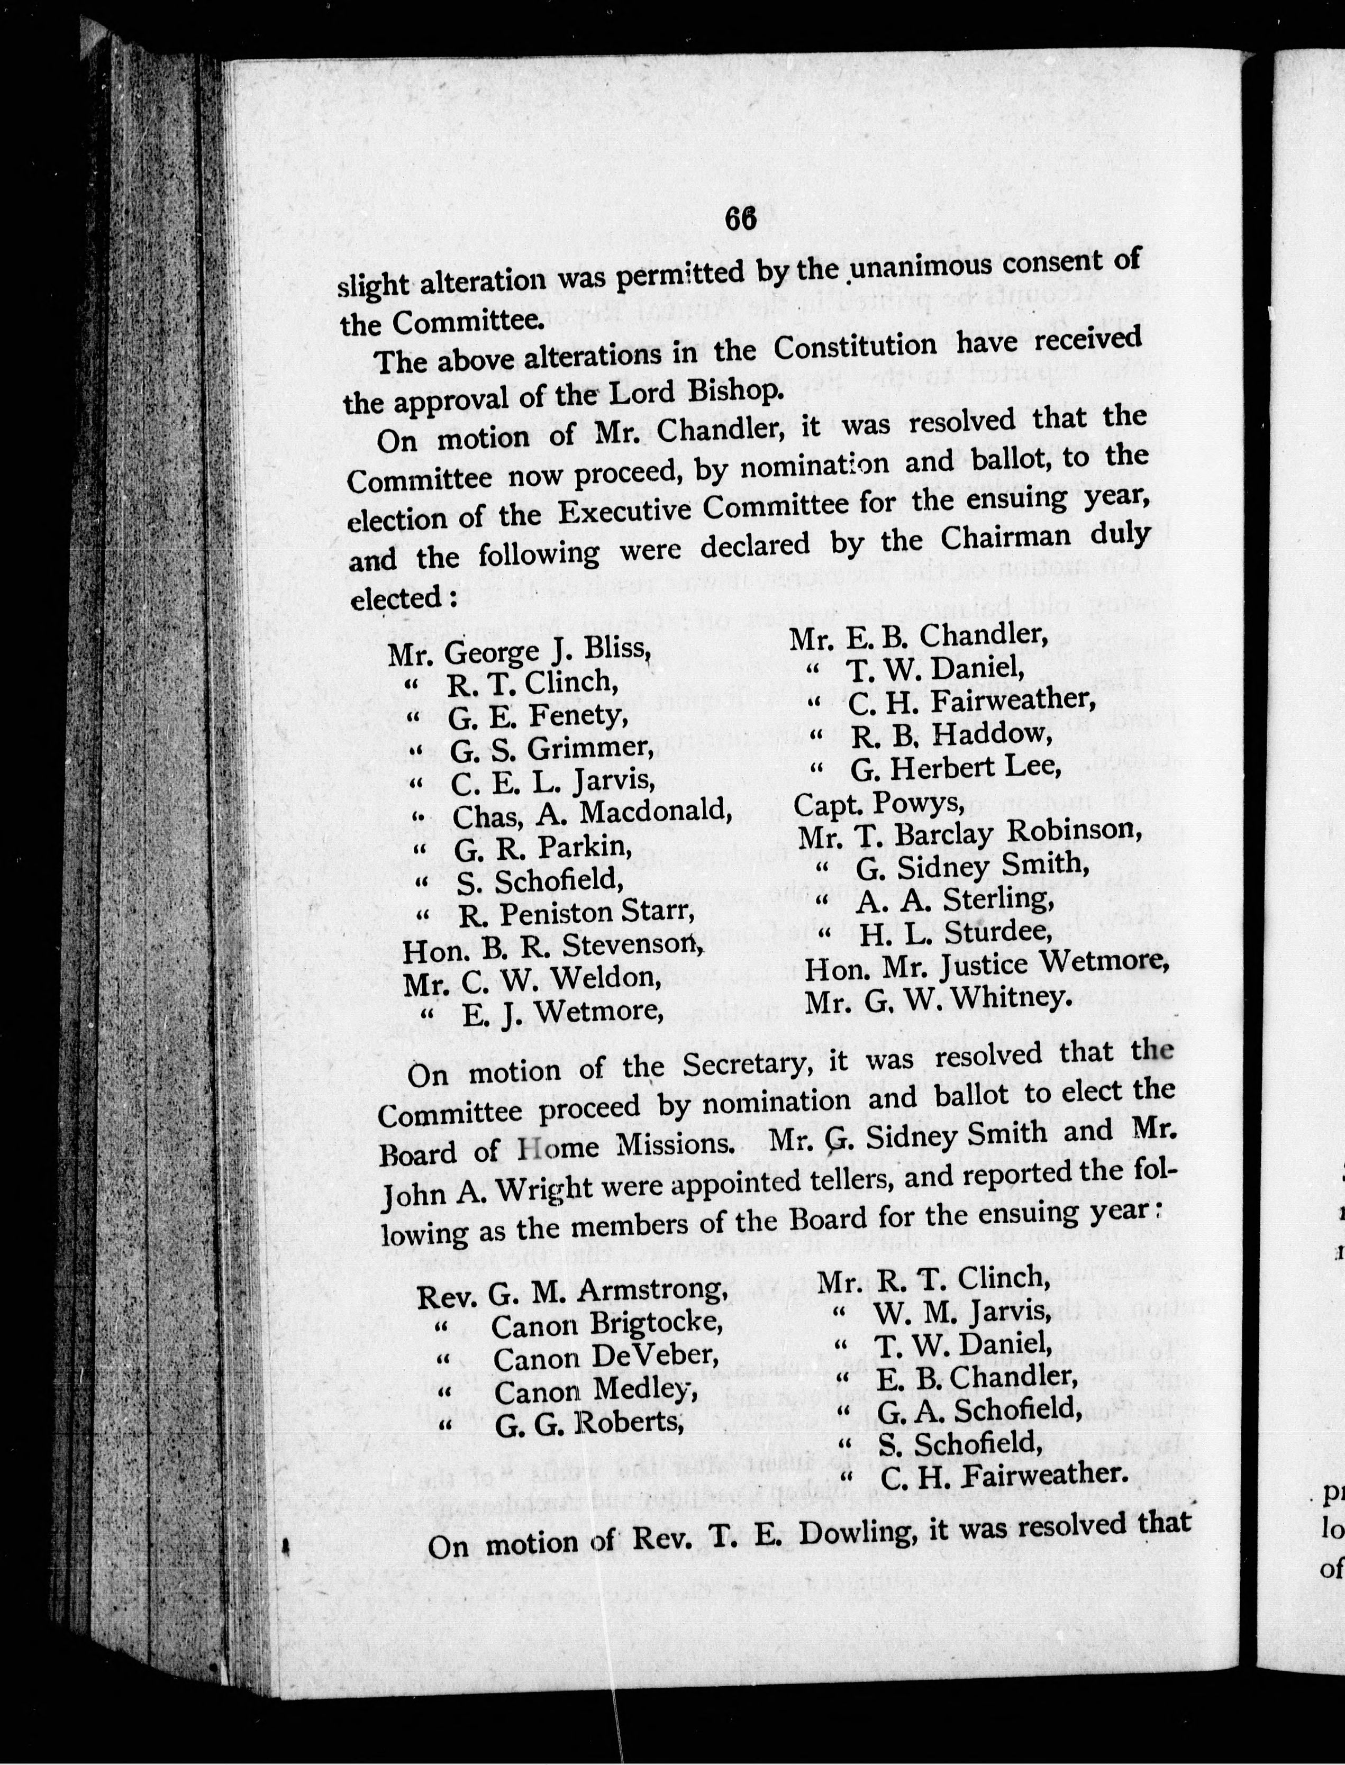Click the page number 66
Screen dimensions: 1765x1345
(741, 219)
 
